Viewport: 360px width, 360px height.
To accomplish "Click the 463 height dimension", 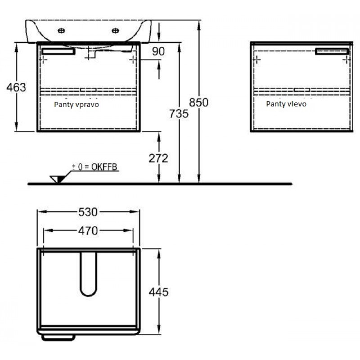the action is pyautogui.click(x=16, y=87).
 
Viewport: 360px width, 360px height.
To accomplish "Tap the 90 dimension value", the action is pyautogui.click(x=158, y=51).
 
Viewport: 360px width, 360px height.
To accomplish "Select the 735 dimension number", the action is pyautogui.click(x=179, y=114).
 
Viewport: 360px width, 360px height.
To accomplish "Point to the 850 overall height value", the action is pyautogui.click(x=198, y=103).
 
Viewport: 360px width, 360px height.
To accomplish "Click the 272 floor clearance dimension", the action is pyautogui.click(x=158, y=158).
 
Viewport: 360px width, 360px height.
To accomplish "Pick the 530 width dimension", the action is pyautogui.click(x=88, y=212).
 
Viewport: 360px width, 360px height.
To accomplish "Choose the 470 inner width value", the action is pyautogui.click(x=88, y=231).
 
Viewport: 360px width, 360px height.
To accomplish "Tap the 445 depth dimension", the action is pyautogui.click(x=159, y=292).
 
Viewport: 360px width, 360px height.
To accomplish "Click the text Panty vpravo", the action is pyautogui.click(x=76, y=105).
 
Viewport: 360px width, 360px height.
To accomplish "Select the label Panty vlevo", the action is pyautogui.click(x=286, y=104).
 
